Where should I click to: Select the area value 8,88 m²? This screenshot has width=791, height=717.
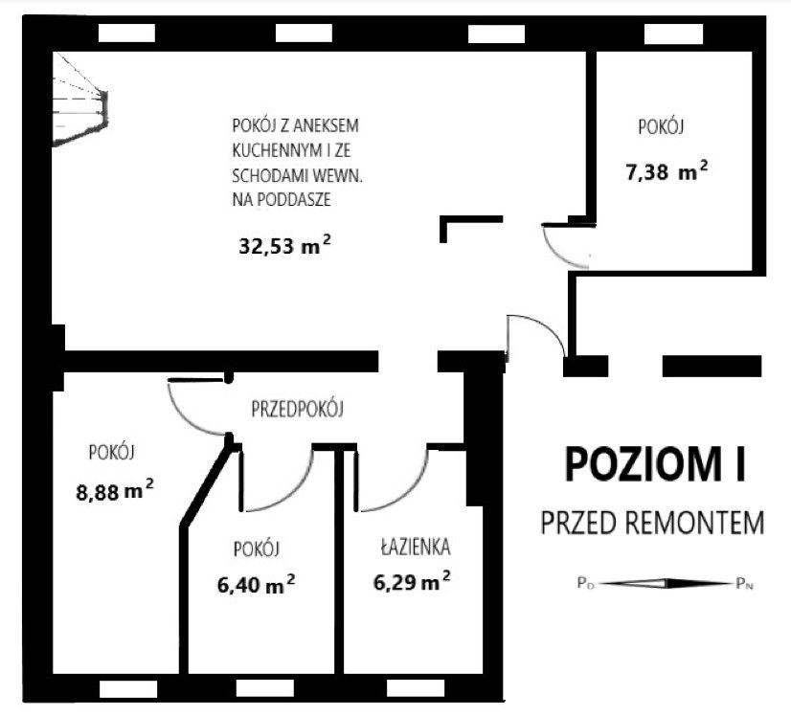point(114,491)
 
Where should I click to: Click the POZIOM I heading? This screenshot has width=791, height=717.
point(655,465)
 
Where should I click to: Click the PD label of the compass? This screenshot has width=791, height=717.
point(584,582)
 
